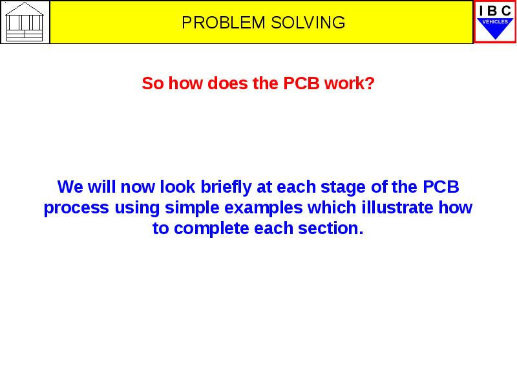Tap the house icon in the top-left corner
click(25, 21)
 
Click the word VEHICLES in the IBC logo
click(495, 21)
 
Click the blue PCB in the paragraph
click(441, 188)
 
